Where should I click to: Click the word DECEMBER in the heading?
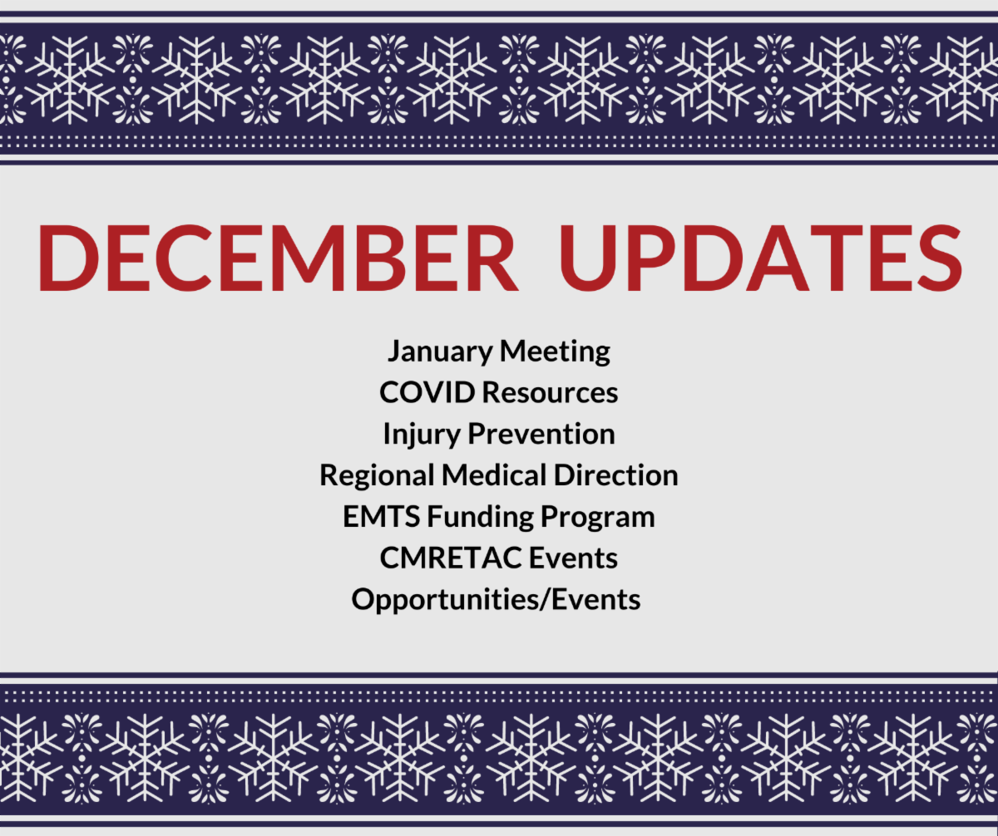[x=278, y=258]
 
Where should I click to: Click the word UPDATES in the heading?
[x=761, y=258]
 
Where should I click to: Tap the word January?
[x=440, y=352]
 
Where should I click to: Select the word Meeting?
[x=555, y=352]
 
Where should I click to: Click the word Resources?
[x=550, y=392]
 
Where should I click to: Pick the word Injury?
[x=422, y=435]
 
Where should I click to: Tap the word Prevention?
[x=541, y=434]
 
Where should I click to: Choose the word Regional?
[x=377, y=476]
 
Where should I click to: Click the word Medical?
[x=494, y=475]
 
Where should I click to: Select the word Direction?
[x=616, y=475]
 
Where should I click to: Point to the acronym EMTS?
[x=382, y=516]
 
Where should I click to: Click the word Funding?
[x=481, y=518]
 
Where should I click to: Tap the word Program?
[x=597, y=518]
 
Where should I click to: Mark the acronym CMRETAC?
[x=451, y=558]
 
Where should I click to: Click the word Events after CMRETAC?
[x=573, y=558]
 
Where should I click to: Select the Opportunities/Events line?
[x=497, y=600]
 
